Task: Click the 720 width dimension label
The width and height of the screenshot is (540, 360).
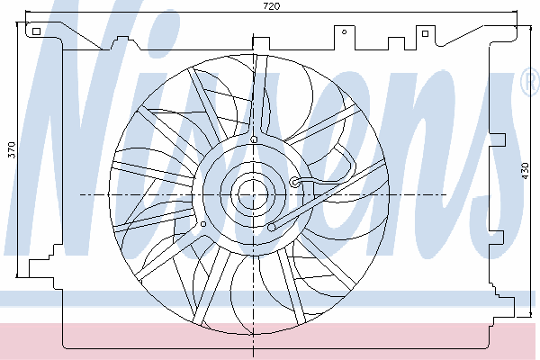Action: coord(272,6)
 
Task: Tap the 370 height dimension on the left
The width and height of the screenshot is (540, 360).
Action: coord(12,150)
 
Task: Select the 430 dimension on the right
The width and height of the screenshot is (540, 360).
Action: coord(525,170)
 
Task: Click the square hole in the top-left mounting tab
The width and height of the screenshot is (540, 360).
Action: coord(36,31)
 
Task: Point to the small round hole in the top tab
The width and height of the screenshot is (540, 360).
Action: coord(344,32)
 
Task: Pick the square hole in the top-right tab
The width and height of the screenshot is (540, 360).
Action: coord(425,33)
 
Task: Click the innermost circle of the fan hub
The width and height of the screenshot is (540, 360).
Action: coord(253,194)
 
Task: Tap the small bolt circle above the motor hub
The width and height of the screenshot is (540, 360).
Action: coord(254,139)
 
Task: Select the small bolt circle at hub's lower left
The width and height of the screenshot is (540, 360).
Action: coord(203,224)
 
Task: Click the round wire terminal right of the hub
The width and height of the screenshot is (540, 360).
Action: coord(295,182)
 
